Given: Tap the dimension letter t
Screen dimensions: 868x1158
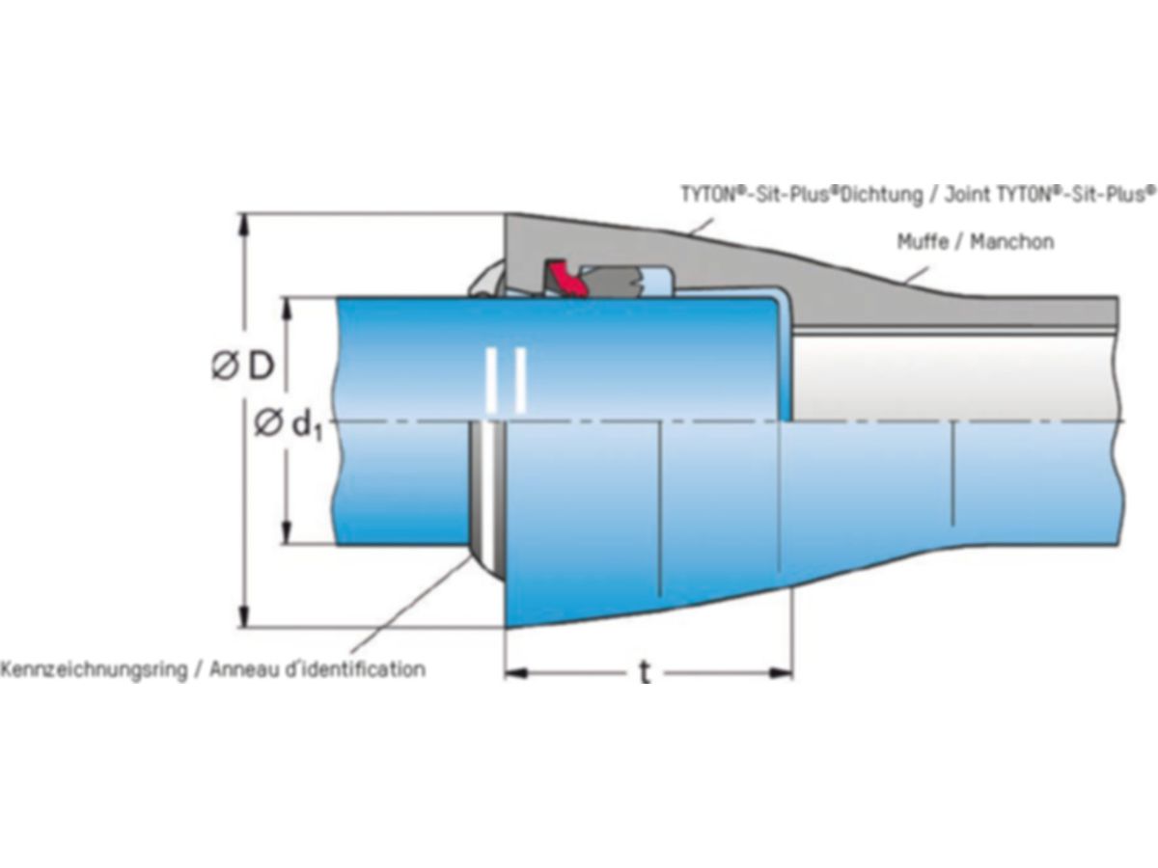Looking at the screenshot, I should click(644, 672).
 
